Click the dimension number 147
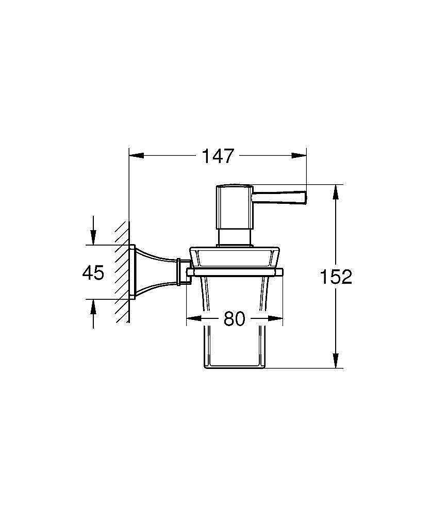pyautogui.click(x=218, y=155)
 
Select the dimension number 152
pyautogui.click(x=336, y=277)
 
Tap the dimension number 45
pyautogui.click(x=93, y=272)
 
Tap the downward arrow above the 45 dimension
pyautogui.click(x=93, y=238)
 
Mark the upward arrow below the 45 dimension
pyautogui.click(x=93, y=306)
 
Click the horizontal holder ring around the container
pyautogui.click(x=235, y=271)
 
